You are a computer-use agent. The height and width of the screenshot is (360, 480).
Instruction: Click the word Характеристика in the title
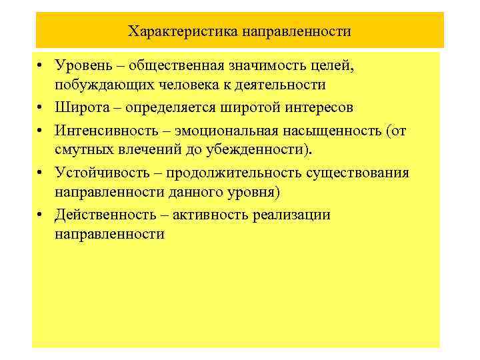[x=176, y=31]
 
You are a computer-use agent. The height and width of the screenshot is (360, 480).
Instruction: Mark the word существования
[x=361, y=173]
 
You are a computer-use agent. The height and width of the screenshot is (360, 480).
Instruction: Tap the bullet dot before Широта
[x=41, y=108]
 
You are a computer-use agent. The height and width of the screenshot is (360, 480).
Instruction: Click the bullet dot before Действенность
[x=41, y=215]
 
